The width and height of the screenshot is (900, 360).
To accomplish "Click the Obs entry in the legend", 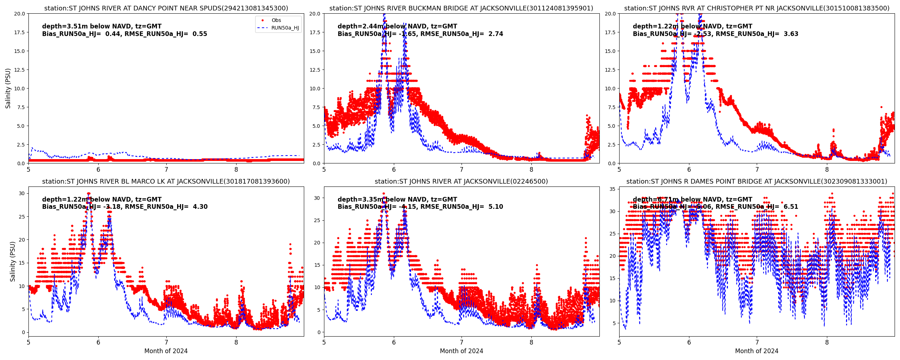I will pos(276,21).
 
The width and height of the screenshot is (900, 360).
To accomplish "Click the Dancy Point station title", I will pos(166,8).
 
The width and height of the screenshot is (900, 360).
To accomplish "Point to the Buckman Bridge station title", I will pos(461,8).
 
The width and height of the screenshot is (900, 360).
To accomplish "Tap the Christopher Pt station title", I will pos(757,8).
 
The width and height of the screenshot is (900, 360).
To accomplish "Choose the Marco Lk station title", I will pos(166,181).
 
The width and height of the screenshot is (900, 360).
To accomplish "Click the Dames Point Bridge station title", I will pos(757,181).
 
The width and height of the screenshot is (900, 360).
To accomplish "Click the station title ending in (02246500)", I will pos(461,181).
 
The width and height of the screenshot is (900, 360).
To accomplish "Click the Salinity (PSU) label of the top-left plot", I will pos(8,88).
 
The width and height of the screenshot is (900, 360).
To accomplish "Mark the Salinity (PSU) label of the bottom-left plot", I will pos(13,261).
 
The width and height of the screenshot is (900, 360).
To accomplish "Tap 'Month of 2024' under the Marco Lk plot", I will pos(166,351).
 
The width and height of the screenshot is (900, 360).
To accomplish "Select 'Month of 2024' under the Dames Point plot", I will pos(757,351).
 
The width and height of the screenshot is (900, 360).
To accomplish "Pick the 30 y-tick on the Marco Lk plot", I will pos(22,193).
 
